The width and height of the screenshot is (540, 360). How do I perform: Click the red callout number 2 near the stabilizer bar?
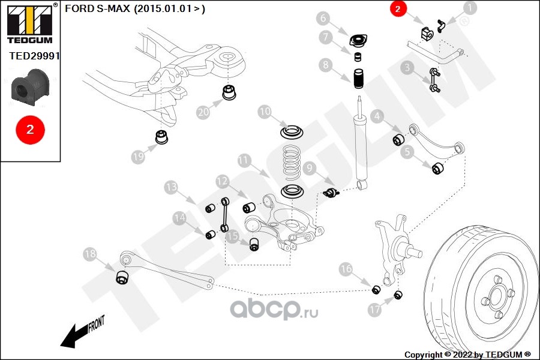pos(398,8)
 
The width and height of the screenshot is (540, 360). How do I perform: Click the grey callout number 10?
pos(265,112)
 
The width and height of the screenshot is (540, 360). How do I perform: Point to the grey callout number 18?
pos(90,254)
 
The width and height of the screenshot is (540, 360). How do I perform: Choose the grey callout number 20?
pos(203,112)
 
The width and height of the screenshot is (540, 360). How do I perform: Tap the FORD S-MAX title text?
pos(134,9)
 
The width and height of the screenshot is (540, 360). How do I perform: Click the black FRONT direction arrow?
pos(75,335)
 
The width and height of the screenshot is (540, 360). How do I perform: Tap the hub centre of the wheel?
pos(496,296)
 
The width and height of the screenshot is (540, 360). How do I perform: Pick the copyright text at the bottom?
pos(467,355)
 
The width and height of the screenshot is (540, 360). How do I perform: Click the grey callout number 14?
pos(179,218)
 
